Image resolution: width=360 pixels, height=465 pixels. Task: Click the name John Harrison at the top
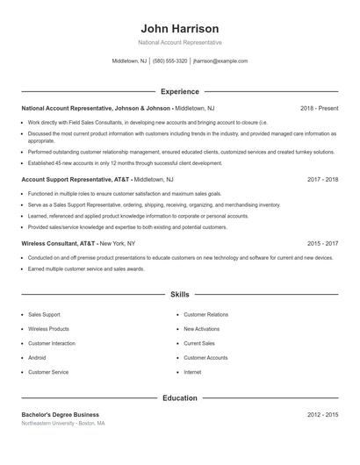[x=179, y=28]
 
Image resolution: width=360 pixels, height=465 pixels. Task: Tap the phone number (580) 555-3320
[x=169, y=61]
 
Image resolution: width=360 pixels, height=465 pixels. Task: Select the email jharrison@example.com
[x=220, y=61]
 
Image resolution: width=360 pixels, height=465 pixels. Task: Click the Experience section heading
[x=180, y=91]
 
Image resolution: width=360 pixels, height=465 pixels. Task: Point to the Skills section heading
[x=180, y=295]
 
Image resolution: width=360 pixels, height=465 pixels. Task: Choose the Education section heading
[x=180, y=397]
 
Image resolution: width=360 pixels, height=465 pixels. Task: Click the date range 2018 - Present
[x=319, y=108]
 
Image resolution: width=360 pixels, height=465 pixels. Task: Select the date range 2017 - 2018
[x=322, y=179]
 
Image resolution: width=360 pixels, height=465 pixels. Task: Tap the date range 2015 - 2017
[x=322, y=243]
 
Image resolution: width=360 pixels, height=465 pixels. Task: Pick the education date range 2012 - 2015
[x=322, y=414]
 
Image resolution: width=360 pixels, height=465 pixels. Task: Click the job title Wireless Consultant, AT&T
[x=59, y=243]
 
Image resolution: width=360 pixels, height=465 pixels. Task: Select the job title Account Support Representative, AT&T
[x=76, y=179]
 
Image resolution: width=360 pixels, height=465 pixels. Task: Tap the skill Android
[x=37, y=358]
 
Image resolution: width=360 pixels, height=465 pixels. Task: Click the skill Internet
[x=192, y=372]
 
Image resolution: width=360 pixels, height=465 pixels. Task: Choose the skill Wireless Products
[x=48, y=329]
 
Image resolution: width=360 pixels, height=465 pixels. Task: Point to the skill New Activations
[x=201, y=329]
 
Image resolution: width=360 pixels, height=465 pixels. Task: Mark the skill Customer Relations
[x=205, y=314]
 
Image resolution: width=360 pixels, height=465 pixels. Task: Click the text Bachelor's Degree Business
[x=60, y=414]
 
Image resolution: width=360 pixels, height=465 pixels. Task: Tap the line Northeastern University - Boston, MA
[x=63, y=423]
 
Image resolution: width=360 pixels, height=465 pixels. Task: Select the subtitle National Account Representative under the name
[x=180, y=42]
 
